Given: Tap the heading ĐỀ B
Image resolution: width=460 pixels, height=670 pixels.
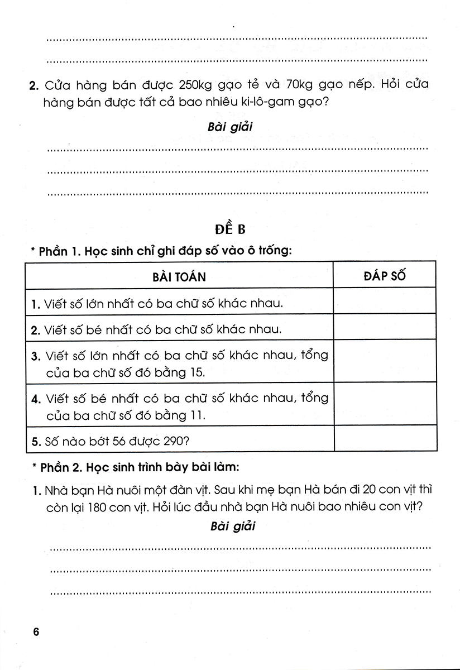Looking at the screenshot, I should pyautogui.click(x=230, y=229).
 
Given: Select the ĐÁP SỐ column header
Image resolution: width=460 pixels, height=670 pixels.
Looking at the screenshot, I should pyautogui.click(x=385, y=275).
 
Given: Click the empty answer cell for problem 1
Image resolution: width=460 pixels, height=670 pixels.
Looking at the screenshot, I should pyautogui.click(x=385, y=304).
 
